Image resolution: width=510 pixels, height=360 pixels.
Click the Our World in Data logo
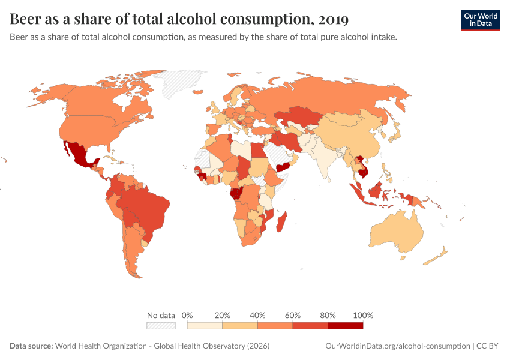coord(481,20)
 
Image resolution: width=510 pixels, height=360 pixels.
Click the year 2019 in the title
coord(334,19)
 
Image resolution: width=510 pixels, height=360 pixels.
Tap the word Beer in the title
coord(25,19)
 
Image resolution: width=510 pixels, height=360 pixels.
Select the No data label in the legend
coord(161,315)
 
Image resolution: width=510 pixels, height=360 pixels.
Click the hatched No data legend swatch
coord(161,326)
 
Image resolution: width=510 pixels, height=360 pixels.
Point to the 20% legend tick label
coord(222,315)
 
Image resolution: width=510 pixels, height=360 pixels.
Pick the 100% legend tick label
coord(363,315)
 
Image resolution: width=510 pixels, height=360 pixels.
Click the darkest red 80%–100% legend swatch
coord(346,326)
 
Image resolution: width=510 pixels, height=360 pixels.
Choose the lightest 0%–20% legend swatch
coord(205,326)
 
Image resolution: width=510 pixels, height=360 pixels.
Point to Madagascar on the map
coord(281,222)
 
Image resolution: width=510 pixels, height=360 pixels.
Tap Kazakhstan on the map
coord(298,116)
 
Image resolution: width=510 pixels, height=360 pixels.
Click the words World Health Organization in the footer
coord(101,346)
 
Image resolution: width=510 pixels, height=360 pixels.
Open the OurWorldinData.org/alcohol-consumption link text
coord(397,346)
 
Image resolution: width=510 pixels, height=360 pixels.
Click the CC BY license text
coord(487,346)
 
